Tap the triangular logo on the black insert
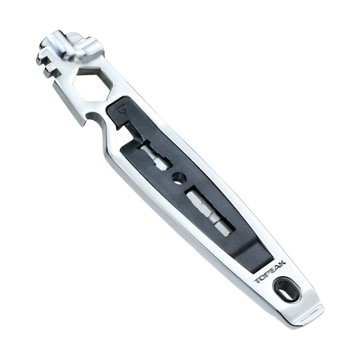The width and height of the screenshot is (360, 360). pos(122,111)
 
